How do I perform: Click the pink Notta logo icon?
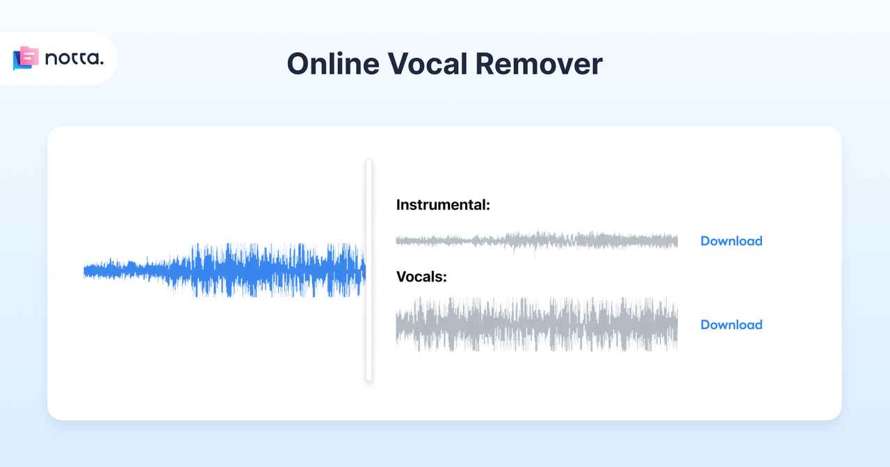tap(26, 58)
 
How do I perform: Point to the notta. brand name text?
tap(74, 59)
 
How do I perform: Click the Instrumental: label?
tap(444, 205)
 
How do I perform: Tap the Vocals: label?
tap(421, 277)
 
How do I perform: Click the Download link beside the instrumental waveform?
tap(731, 241)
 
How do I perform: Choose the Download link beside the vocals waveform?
tap(731, 325)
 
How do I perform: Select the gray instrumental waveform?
tap(536, 240)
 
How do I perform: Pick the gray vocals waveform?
tap(536, 325)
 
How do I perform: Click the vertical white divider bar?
tap(369, 270)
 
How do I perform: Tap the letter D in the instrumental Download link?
tap(705, 241)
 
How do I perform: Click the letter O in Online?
tap(298, 64)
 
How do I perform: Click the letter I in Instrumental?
tap(399, 205)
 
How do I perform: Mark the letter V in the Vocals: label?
tap(402, 277)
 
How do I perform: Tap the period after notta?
tap(101, 64)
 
